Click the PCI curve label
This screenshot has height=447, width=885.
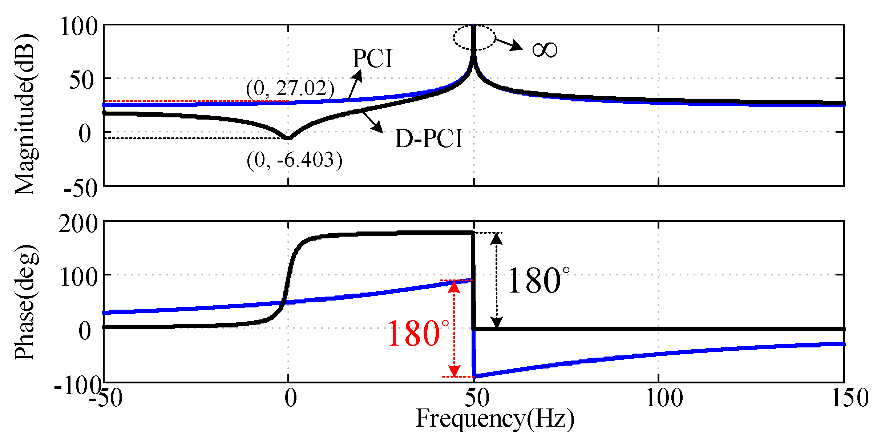(373, 59)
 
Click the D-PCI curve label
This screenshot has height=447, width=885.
(429, 139)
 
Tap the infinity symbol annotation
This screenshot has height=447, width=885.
(544, 50)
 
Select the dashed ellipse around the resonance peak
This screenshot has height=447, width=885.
(474, 37)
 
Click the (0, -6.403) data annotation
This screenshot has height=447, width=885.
(294, 160)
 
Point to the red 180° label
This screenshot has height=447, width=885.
(418, 334)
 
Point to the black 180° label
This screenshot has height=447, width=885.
(538, 281)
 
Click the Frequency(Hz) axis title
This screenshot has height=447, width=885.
(495, 419)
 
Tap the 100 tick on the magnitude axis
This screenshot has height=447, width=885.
(79, 27)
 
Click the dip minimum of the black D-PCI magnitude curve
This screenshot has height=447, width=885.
(288, 138)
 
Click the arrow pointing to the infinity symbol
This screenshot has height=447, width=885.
(509, 44)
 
